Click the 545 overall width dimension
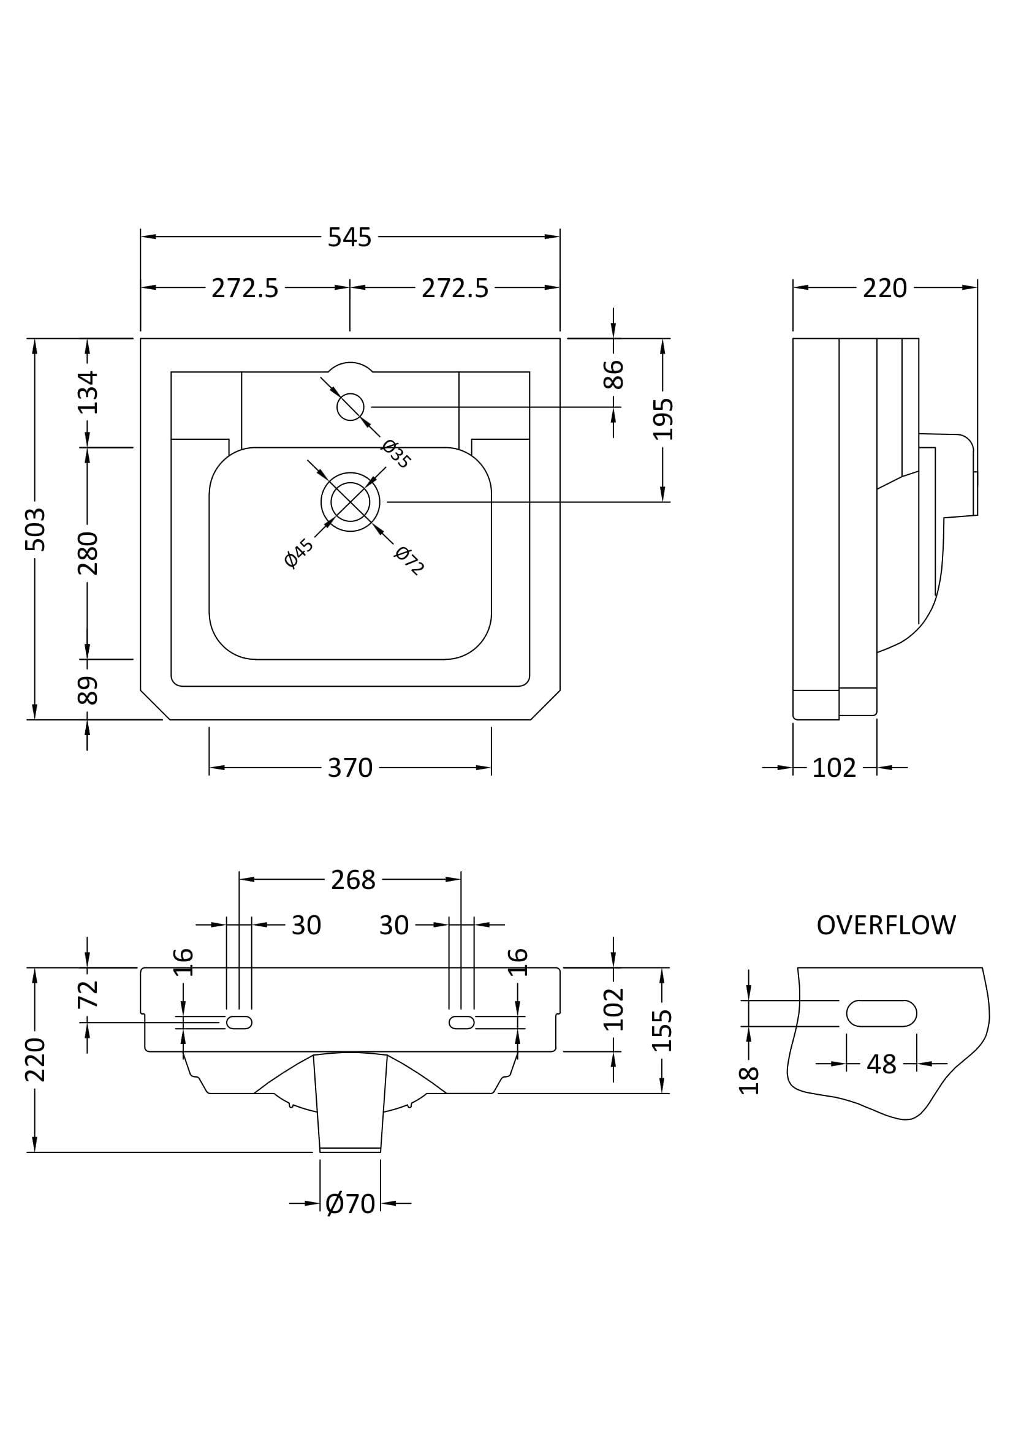349,237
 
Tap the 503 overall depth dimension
36,529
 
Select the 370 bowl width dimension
350,768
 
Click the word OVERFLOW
886,925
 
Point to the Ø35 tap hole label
396,454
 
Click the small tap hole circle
350,407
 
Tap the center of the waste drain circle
350,502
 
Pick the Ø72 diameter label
410,561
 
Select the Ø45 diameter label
299,553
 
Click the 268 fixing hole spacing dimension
353,879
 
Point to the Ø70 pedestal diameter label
350,1203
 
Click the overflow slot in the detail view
881,1013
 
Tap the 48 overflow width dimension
881,1064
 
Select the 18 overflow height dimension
749,1080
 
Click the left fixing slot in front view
239,1022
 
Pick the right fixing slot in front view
462,1022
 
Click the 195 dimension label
664,419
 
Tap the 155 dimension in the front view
662,1030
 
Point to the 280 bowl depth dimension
88,553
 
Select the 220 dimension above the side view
884,288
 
